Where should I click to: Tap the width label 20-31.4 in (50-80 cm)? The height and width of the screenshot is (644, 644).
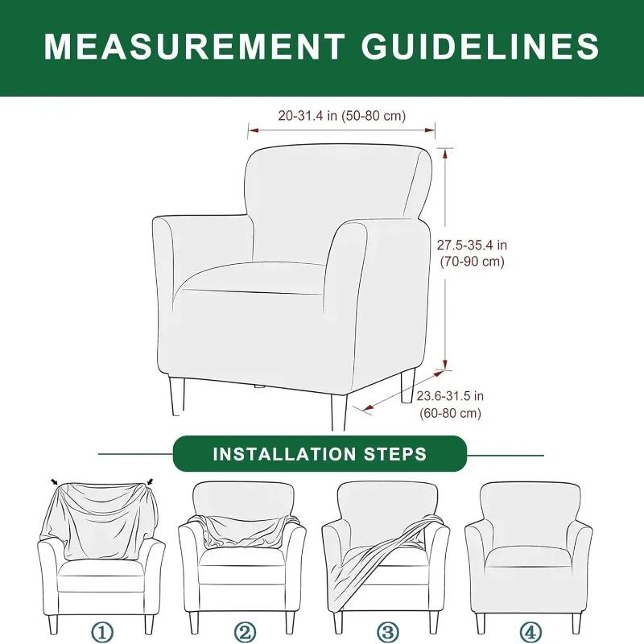click(342, 116)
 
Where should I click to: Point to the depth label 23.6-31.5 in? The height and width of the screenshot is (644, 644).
click(450, 395)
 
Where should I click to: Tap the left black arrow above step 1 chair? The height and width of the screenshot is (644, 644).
click(54, 482)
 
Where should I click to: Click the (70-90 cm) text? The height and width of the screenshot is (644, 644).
click(473, 262)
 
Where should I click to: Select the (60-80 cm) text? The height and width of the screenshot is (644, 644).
click(450, 413)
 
